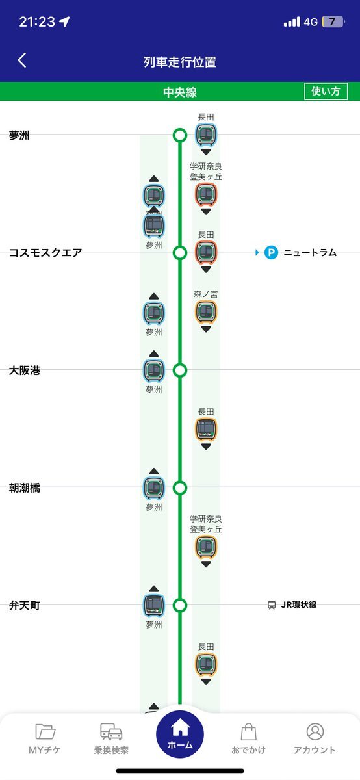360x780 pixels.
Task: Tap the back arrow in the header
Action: (x=22, y=60)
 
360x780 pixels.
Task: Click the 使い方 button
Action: (x=326, y=91)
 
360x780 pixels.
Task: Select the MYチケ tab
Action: (x=45, y=738)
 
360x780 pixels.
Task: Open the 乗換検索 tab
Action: (x=111, y=738)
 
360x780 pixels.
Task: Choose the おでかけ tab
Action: (x=249, y=738)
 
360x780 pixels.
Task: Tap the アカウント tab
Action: (x=315, y=738)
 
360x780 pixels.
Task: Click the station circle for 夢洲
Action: (x=180, y=135)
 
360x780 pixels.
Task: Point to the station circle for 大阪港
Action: (x=180, y=370)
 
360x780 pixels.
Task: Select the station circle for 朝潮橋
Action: (x=180, y=488)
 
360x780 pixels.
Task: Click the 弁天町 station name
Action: (x=25, y=606)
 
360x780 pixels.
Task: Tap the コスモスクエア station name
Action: (x=45, y=252)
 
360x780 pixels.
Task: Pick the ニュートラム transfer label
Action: (x=310, y=252)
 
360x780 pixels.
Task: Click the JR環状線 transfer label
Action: (x=299, y=605)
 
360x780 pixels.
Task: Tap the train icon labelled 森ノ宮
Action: (x=206, y=312)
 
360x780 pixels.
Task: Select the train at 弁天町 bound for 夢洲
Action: (x=154, y=606)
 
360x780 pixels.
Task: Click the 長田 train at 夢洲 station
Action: (x=206, y=135)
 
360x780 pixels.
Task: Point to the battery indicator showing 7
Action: (x=333, y=22)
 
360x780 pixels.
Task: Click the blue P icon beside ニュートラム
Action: (x=271, y=252)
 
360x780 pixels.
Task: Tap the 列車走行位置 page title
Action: (x=180, y=62)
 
